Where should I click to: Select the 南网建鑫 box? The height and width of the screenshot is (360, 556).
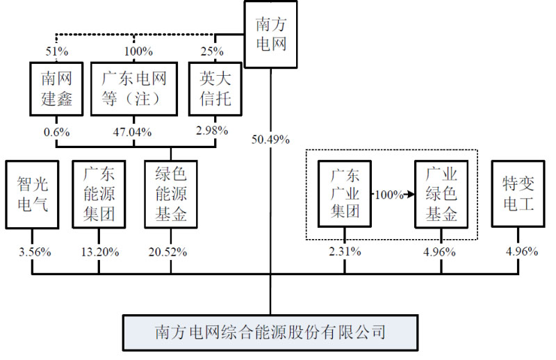(x=56, y=88)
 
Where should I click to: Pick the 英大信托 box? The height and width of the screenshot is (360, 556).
(x=211, y=88)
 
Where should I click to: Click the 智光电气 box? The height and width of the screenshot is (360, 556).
(x=32, y=194)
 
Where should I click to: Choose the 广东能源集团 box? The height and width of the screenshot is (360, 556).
(x=99, y=194)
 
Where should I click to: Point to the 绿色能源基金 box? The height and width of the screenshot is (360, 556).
(x=170, y=194)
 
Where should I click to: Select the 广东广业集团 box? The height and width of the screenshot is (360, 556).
(x=344, y=194)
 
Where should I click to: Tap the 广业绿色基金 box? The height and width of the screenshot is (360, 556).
(x=441, y=194)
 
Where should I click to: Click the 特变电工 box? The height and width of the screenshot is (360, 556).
(x=518, y=194)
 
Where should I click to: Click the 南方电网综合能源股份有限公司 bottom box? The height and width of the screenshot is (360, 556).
(x=270, y=332)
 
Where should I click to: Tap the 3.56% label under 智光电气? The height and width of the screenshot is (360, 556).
(x=33, y=252)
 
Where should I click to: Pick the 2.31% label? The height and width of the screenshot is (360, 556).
(x=345, y=252)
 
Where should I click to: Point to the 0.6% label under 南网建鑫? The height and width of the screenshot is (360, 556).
(x=56, y=132)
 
